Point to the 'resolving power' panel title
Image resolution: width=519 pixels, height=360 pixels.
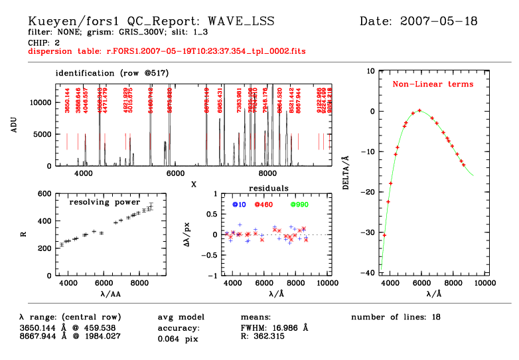(x=109, y=201)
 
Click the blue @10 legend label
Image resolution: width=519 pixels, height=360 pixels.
(x=239, y=204)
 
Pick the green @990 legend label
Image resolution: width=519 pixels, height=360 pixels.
(x=300, y=204)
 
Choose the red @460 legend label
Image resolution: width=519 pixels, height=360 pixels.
(x=265, y=204)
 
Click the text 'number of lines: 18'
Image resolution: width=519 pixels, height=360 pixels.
(x=396, y=317)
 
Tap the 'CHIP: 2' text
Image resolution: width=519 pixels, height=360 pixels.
(x=44, y=41)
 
